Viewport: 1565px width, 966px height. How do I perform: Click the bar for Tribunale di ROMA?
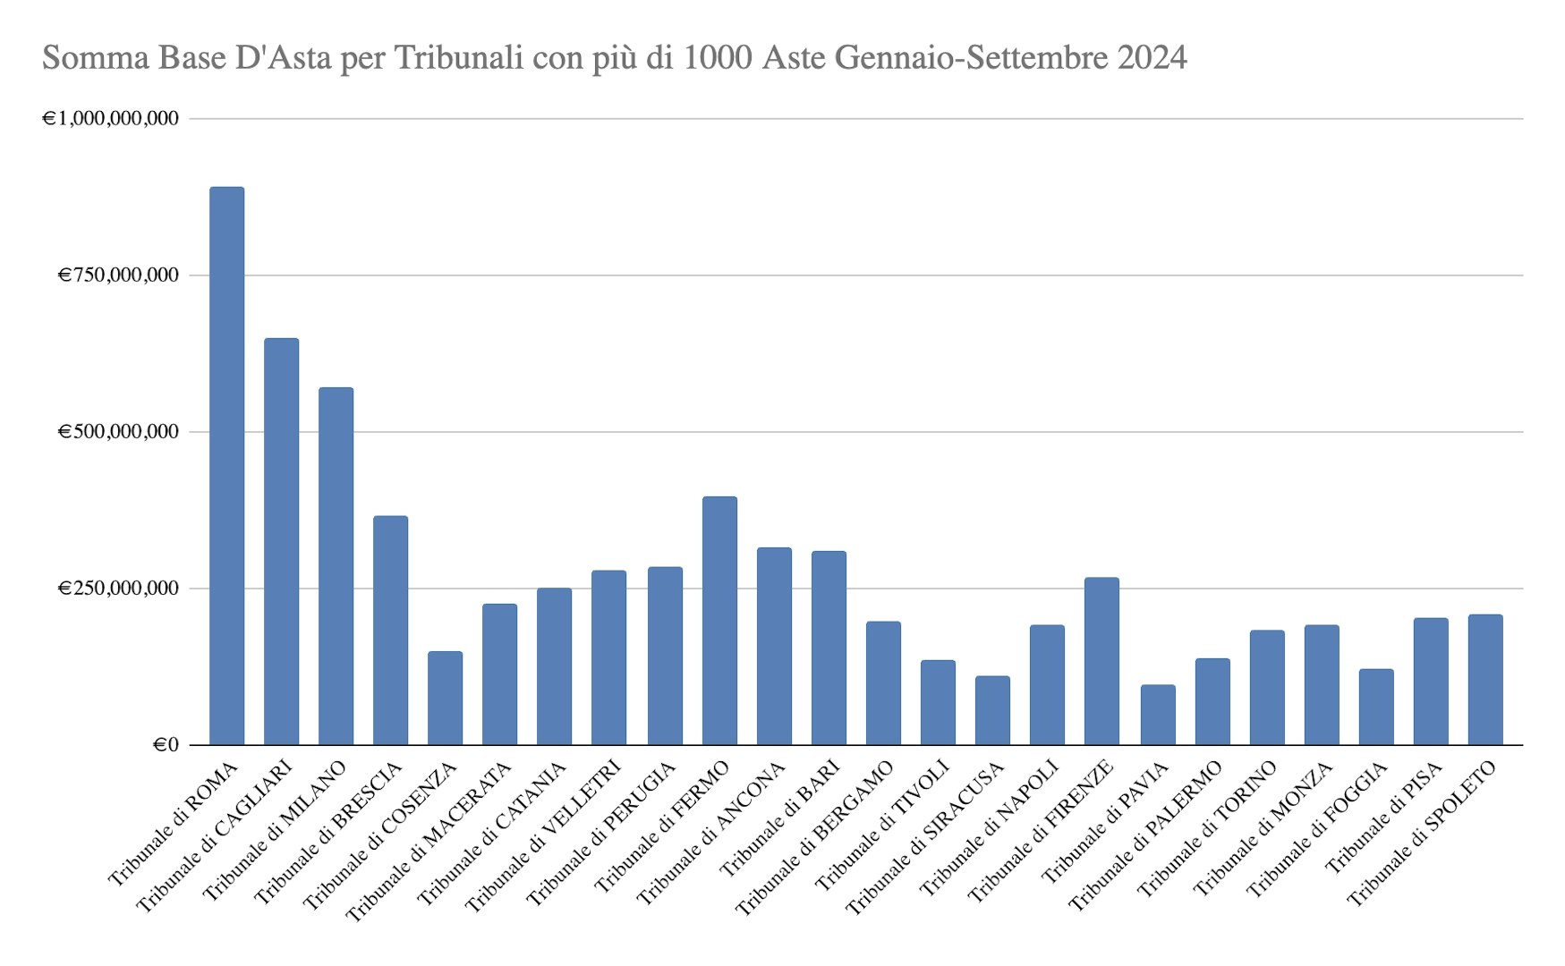pos(226,465)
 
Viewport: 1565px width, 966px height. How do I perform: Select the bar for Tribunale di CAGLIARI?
pos(281,541)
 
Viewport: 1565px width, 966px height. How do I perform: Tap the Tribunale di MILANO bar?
pos(336,565)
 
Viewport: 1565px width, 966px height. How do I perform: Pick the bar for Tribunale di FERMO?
pos(719,620)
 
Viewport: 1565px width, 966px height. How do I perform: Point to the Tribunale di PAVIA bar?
pos(1157,715)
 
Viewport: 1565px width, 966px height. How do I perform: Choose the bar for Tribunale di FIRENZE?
pos(1101,661)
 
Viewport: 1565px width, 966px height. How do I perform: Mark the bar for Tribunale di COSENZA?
pos(445,698)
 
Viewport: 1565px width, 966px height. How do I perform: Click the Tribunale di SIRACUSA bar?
pos(992,710)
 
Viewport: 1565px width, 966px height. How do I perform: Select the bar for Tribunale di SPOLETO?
pos(1484,680)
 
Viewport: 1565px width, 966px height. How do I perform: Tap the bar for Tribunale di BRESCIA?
pos(390,630)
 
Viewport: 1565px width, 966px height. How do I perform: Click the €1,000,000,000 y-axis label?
pos(110,118)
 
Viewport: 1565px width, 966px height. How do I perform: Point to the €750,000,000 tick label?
pos(118,275)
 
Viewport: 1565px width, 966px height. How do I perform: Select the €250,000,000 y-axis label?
pos(118,588)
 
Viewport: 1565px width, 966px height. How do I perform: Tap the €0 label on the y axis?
pos(166,744)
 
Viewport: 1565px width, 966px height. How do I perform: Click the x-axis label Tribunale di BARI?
pos(781,818)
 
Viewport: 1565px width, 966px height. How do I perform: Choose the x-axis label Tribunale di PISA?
pos(1384,817)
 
